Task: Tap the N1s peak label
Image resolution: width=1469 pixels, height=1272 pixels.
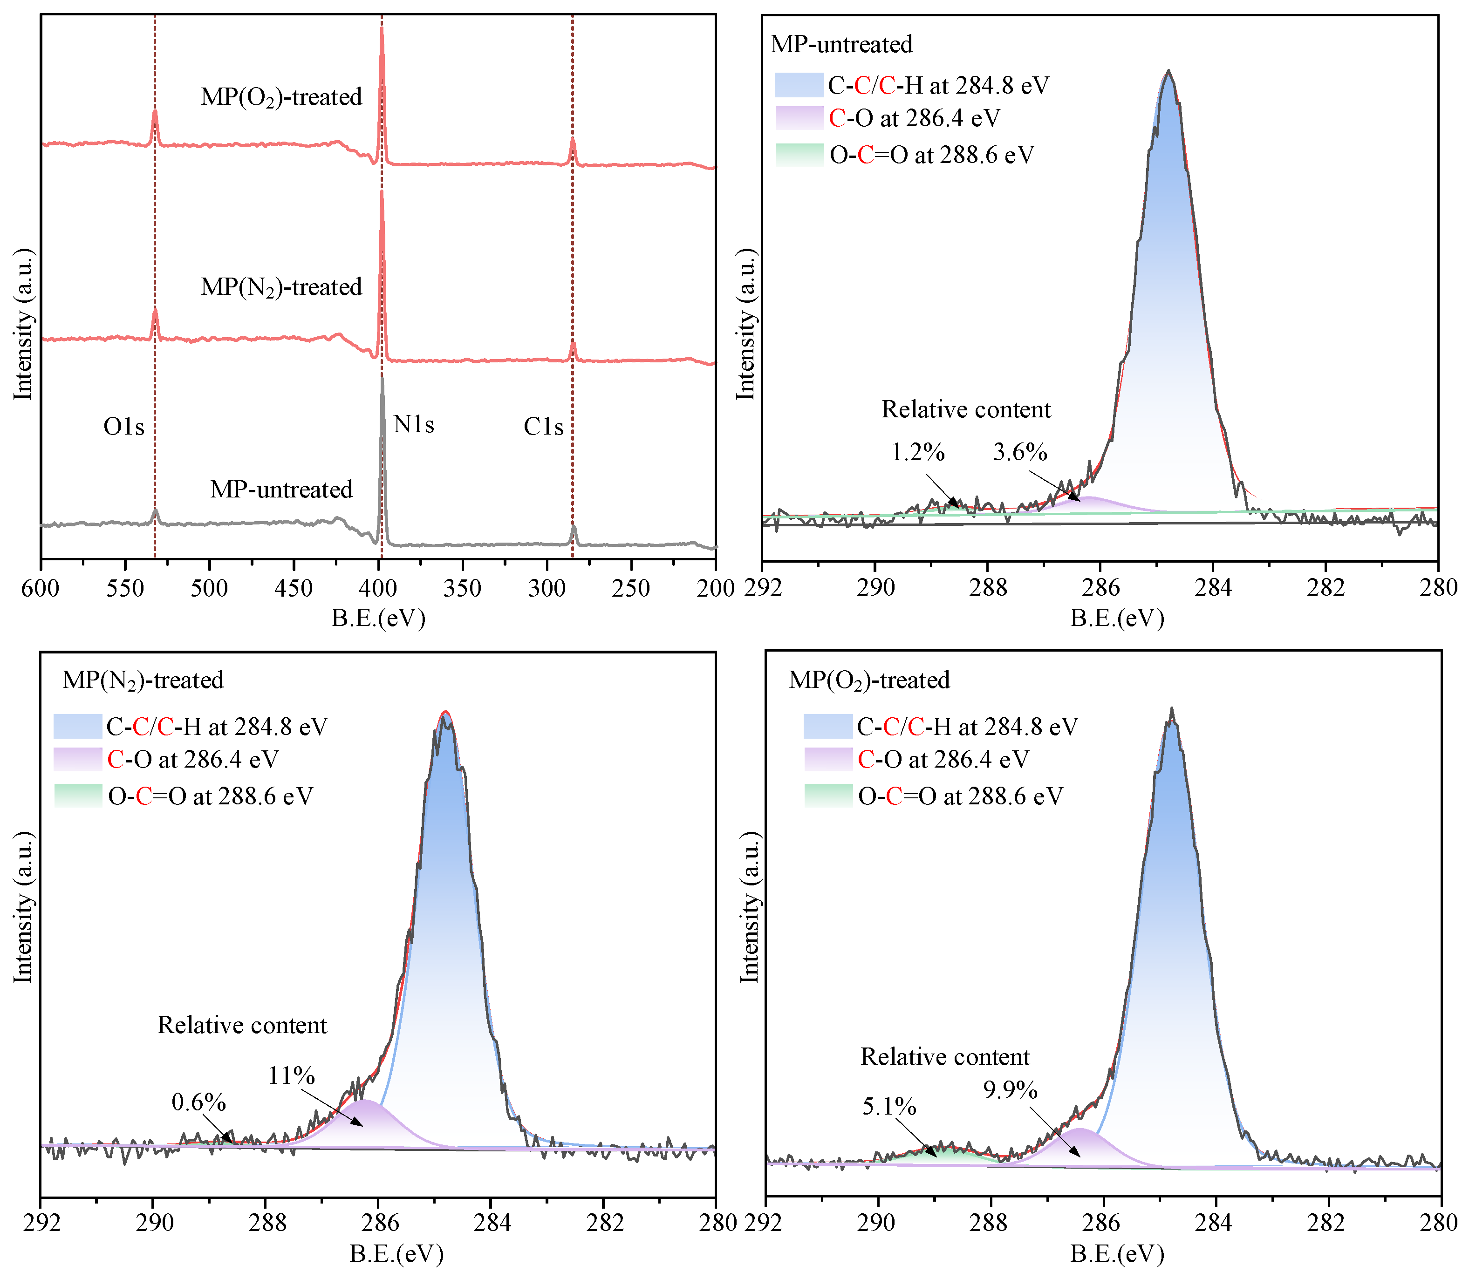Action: (413, 424)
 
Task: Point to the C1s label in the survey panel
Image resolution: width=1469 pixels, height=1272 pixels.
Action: (543, 427)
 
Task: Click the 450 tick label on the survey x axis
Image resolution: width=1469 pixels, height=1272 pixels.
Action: (293, 588)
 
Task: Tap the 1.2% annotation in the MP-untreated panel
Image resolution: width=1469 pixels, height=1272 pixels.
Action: (917, 452)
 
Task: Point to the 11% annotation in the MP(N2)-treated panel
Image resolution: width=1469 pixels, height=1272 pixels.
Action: (291, 1076)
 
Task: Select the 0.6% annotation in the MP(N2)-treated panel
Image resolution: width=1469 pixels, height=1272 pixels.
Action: (199, 1103)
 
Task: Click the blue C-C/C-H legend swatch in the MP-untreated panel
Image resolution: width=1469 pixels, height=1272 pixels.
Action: (799, 85)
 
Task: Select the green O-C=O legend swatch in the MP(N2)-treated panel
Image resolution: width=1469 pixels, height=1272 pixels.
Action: (78, 796)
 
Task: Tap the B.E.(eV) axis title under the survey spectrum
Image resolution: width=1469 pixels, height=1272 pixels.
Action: (378, 618)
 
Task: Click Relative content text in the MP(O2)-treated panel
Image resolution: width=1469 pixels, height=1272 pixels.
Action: (944, 1057)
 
